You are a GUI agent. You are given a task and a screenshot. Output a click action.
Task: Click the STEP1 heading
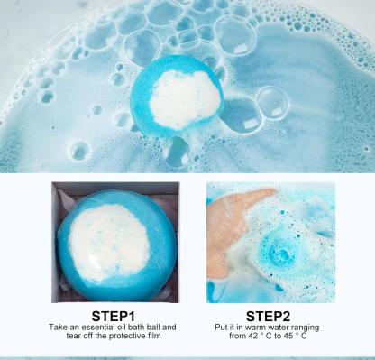(x=114, y=317)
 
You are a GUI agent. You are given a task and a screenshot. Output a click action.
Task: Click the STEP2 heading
(x=268, y=317)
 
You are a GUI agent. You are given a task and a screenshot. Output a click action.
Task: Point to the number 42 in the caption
(x=254, y=336)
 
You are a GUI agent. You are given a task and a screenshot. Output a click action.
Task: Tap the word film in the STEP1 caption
(x=155, y=336)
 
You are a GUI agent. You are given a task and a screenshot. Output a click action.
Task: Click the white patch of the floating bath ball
(x=185, y=99)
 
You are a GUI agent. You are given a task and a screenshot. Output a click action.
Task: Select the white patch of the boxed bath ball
(x=109, y=243)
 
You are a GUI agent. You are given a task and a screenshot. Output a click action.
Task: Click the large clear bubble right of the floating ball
(x=273, y=103)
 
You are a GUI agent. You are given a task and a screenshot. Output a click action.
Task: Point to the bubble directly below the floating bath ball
(x=177, y=152)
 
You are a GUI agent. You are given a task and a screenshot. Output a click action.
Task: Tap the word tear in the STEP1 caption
(x=73, y=336)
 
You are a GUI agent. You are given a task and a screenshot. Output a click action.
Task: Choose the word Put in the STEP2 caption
(x=221, y=328)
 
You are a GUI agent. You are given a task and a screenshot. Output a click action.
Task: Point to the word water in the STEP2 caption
(x=277, y=328)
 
